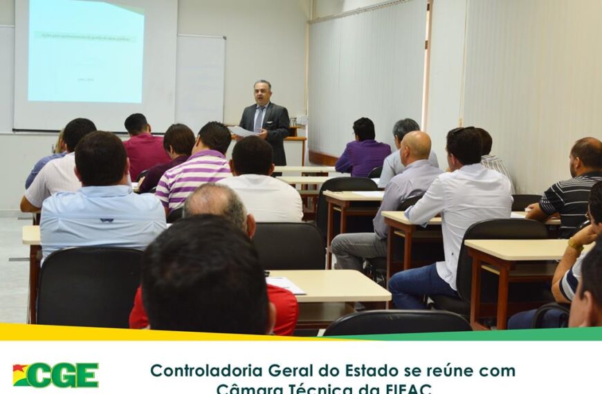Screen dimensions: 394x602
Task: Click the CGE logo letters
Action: (65, 375)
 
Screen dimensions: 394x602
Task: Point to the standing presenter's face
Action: (262, 94)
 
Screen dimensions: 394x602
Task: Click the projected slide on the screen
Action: (86, 52)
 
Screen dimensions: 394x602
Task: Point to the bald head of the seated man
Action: (417, 146)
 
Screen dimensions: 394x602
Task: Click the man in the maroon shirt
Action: (145, 149)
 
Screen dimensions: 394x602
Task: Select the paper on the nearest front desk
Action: (285, 284)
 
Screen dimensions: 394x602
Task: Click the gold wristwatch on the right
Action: (574, 245)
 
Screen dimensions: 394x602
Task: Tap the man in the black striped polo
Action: (571, 197)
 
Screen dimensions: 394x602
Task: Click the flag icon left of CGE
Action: (21, 375)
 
